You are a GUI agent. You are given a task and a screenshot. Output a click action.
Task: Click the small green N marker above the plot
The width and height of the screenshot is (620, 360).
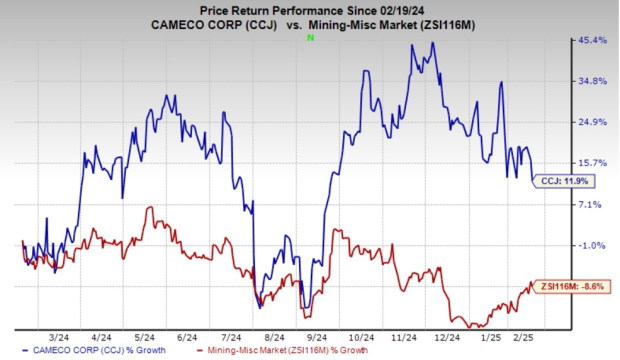tap(311, 38)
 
